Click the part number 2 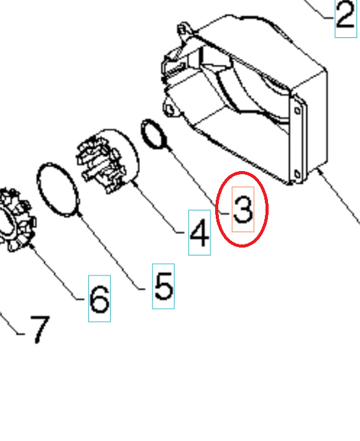(346, 18)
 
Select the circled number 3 (242, 210)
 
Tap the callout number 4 (199, 235)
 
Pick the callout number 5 (164, 286)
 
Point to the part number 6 (99, 299)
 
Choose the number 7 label (39, 329)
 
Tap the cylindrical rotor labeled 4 (108, 160)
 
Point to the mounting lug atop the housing (183, 29)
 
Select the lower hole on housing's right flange (297, 174)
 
